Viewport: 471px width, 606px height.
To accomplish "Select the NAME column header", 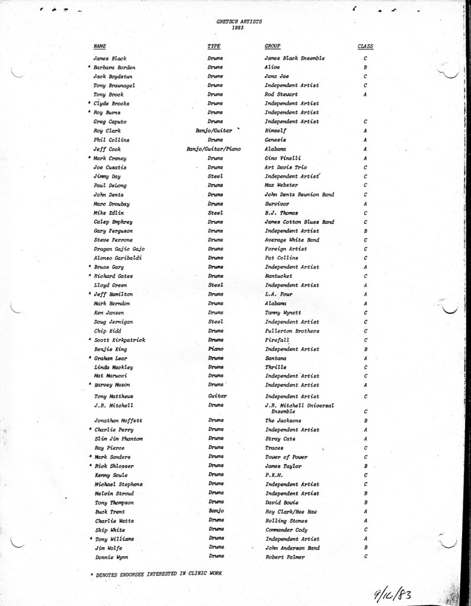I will [x=100, y=46].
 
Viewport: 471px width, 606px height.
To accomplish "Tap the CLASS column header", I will [x=365, y=46].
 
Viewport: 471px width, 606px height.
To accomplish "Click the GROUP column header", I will [x=273, y=46].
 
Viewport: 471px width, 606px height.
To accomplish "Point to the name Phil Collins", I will [x=111, y=140].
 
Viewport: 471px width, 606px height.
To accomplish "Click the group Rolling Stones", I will [x=286, y=521].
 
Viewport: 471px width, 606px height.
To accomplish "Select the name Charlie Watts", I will [x=111, y=521].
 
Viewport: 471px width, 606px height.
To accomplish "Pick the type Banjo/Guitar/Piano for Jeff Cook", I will [x=213, y=149].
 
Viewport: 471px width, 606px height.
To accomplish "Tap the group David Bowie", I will [x=281, y=502].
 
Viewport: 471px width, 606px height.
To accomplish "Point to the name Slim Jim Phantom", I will [x=118, y=439].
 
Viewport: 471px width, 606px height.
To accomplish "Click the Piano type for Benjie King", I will [x=215, y=350].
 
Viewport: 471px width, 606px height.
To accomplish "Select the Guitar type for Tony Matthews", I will [x=215, y=396].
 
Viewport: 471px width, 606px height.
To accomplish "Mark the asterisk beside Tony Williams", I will [x=90, y=539].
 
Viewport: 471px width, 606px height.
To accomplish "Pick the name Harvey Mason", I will [x=112, y=385].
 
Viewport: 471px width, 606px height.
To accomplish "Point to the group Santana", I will [x=275, y=358].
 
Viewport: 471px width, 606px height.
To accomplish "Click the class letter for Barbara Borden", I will [x=366, y=68].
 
